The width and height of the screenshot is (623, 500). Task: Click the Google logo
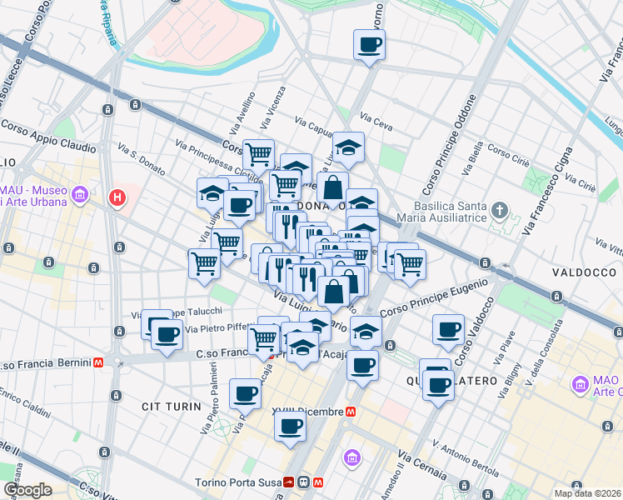click(27, 490)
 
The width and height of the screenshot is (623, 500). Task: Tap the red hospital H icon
click(118, 198)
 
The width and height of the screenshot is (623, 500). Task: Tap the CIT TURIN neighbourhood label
click(172, 407)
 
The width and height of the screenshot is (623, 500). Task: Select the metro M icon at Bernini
click(98, 363)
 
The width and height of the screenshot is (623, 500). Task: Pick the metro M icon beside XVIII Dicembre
click(351, 412)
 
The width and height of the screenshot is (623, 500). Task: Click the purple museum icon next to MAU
click(81, 196)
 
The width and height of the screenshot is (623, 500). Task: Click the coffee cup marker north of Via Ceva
click(369, 46)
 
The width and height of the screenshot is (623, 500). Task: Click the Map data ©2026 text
click(588, 493)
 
